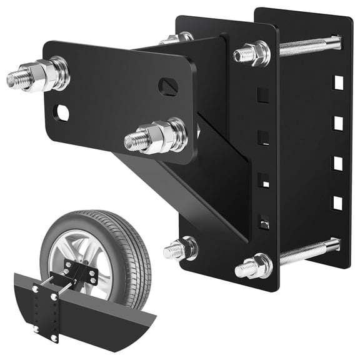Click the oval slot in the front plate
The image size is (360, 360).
[x=167, y=86]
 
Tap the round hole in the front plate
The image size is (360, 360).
[x=61, y=112]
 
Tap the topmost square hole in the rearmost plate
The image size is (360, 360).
[x=337, y=82]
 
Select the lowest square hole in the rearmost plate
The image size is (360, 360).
[x=337, y=203]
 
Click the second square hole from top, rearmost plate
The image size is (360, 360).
[x=337, y=122]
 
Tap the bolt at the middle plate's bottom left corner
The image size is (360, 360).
[x=181, y=249]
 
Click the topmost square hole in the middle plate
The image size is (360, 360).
[x=263, y=94]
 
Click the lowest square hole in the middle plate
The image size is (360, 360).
[x=264, y=221]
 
